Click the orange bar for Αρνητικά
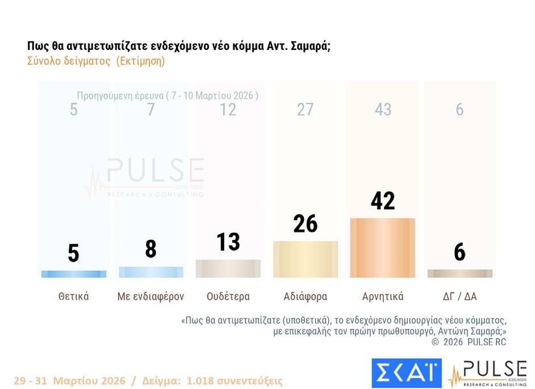coord(382,248)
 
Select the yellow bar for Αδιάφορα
coord(305,259)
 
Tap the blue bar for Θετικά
coord(74,274)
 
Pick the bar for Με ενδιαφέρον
coord(151,272)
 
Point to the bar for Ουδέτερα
coord(228,268)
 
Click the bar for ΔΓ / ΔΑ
coord(459,274)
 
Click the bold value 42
coord(382,201)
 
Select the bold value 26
coord(305,224)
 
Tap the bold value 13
coord(228,242)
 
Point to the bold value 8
coord(151,249)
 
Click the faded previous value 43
coord(383,109)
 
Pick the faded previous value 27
coord(305,109)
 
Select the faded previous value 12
coord(228,109)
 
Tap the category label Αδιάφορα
coord(305,296)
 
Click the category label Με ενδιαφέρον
coord(151,296)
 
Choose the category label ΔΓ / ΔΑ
coord(459,296)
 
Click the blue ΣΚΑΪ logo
coord(406,371)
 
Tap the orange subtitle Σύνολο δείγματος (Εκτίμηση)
coord(96,61)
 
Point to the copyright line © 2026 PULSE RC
coord(469,342)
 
